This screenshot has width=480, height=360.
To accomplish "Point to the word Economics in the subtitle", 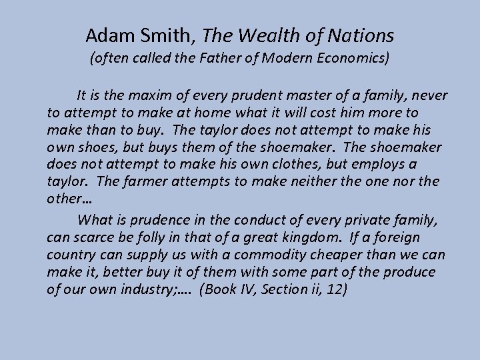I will point(351,58).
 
